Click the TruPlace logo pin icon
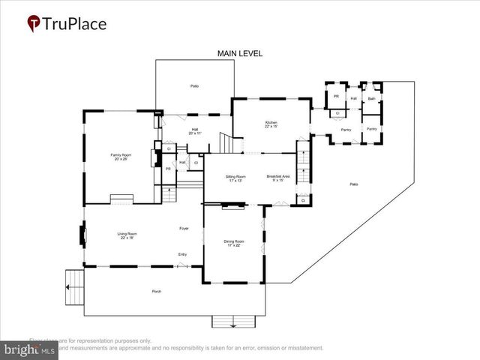[34, 23]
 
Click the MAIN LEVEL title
[239, 54]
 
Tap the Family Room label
[121, 157]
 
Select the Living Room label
[127, 235]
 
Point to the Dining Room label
[233, 242]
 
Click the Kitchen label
[271, 124]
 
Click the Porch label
[157, 291]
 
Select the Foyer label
[183, 228]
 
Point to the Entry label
[182, 255]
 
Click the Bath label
[371, 98]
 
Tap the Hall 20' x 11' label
[195, 131]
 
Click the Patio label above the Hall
[194, 86]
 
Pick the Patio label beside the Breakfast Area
[352, 184]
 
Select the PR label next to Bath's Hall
[336, 97]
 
